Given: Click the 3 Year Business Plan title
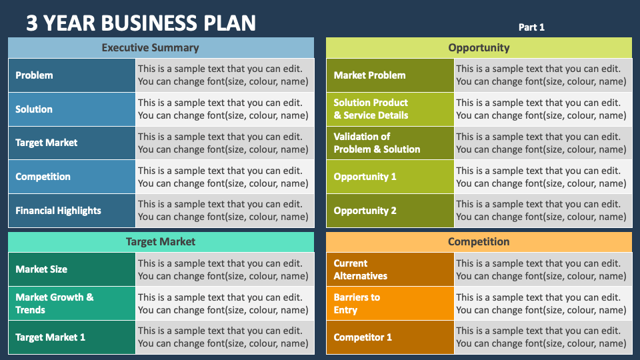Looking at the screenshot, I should [141, 23].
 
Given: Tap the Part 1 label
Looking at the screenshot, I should [531, 27].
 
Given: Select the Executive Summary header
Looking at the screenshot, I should [161, 47].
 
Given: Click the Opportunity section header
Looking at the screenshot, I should [479, 47].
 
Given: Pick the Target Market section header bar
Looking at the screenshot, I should [161, 241].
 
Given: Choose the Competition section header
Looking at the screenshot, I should [479, 241].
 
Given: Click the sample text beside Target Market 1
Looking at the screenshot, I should [223, 337].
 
